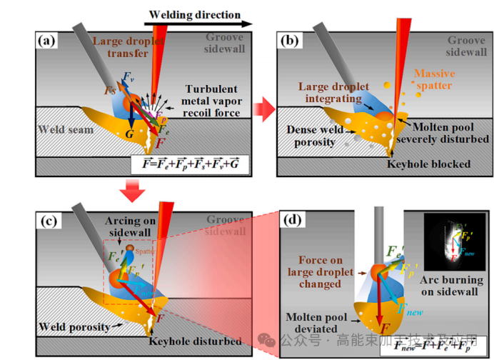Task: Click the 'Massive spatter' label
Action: pos(436,79)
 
